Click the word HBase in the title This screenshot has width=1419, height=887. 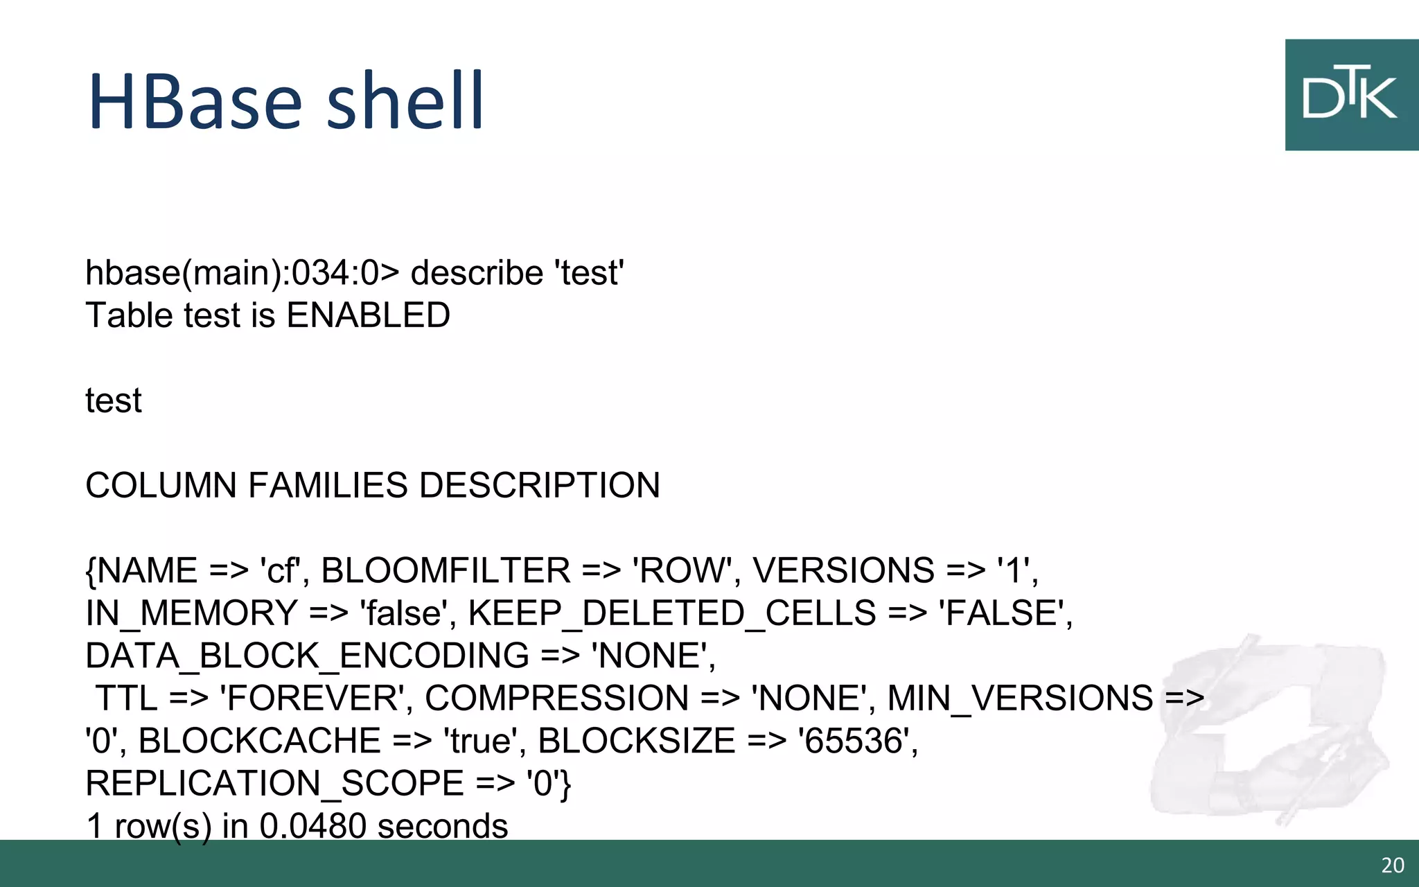pyautogui.click(x=195, y=101)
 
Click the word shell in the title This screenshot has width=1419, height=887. pyautogui.click(x=405, y=101)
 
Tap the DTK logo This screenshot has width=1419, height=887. pyautogui.click(x=1350, y=95)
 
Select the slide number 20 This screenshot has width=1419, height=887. pyautogui.click(x=1393, y=866)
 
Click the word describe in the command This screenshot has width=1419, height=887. pyautogui.click(x=477, y=273)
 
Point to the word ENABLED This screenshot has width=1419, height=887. pyautogui.click(x=368, y=316)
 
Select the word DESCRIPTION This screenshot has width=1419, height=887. pyautogui.click(x=539, y=486)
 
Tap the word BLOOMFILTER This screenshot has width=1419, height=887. pyautogui.click(x=446, y=571)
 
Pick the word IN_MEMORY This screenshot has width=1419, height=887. pyautogui.click(x=192, y=614)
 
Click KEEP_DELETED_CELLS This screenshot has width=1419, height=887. pyautogui.click(x=672, y=614)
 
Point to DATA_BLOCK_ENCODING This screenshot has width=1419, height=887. pyautogui.click(x=307, y=656)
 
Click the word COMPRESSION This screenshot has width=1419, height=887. pyautogui.click(x=556, y=699)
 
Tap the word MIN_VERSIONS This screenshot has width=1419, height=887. pyautogui.click(x=1020, y=699)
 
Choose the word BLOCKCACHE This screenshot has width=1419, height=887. pyautogui.click(x=260, y=741)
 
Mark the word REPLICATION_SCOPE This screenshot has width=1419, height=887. pyautogui.click(x=274, y=784)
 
